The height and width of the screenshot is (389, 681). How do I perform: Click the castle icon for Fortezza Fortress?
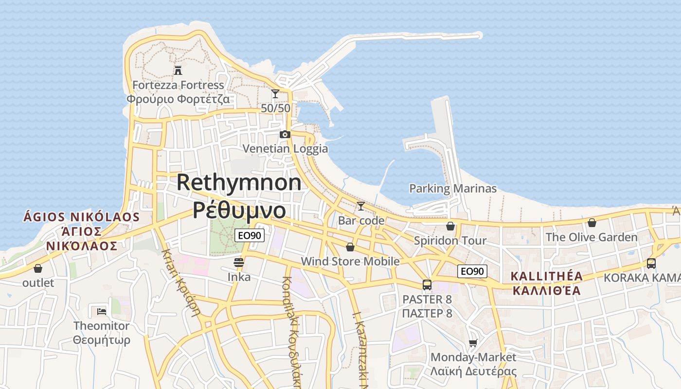coord(178,71)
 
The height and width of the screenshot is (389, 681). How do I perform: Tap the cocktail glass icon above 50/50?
coord(275,93)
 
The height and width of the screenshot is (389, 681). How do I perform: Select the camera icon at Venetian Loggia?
coord(285,134)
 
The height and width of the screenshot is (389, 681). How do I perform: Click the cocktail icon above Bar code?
coord(360,206)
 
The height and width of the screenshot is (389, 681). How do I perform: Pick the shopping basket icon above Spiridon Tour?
coord(450,226)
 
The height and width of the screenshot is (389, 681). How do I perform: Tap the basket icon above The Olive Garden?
coord(591,223)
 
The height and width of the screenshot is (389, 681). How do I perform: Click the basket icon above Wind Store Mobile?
coord(350,247)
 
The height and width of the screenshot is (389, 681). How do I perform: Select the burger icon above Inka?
coord(239,263)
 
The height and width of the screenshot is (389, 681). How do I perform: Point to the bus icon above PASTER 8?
coord(427,285)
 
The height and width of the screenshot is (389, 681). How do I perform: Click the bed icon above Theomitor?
coord(102,311)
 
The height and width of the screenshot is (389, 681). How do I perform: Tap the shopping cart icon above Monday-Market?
coord(473,343)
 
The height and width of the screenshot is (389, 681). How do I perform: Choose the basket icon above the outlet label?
coord(38,268)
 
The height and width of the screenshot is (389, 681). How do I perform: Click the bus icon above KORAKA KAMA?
coord(651,264)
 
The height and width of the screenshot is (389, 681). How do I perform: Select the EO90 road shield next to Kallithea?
coord(472,271)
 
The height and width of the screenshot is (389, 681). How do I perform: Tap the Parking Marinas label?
coord(453,189)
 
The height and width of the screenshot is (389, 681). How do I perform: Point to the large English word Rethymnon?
coord(239,183)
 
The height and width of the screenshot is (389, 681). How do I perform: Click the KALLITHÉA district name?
coord(546,276)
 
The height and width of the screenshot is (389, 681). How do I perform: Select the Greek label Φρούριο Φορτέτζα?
coord(178,99)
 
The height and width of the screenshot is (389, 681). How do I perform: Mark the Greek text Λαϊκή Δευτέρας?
coord(473,371)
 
